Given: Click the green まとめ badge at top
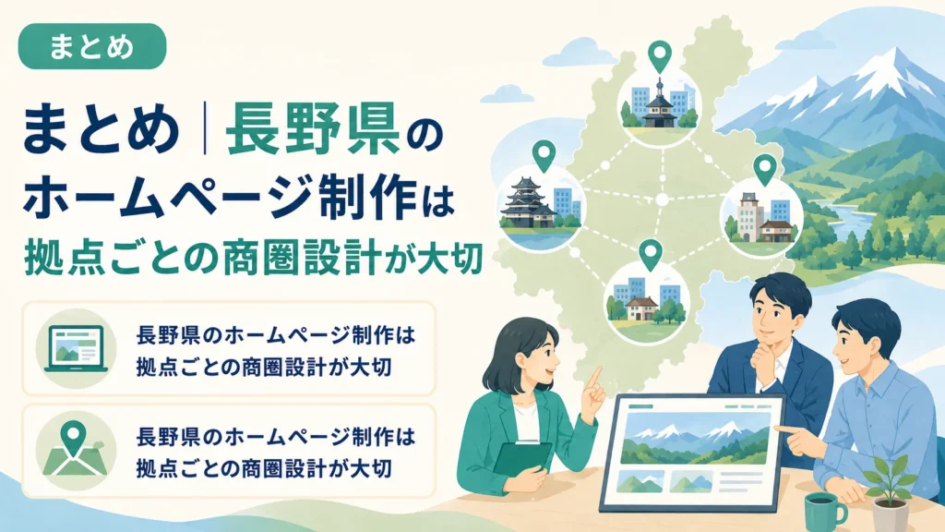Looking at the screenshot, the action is tap(92, 46).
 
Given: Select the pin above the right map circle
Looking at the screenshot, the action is tap(764, 170).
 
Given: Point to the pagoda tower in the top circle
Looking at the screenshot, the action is tap(659, 105).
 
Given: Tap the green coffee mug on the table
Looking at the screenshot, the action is tap(825, 513).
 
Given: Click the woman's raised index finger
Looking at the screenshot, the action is tap(594, 378).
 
